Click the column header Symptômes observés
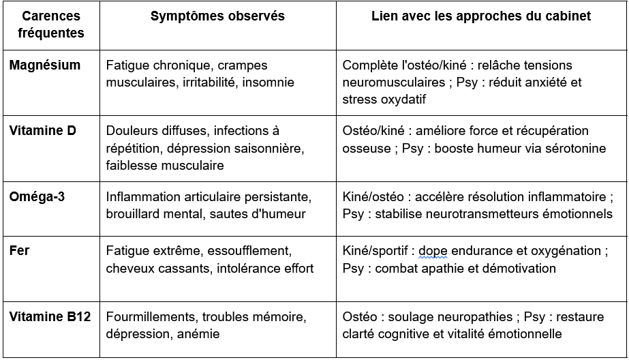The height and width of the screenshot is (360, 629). [x=218, y=16]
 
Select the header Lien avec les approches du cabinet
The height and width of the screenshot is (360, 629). [x=481, y=16]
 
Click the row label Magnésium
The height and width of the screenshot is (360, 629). [x=45, y=65]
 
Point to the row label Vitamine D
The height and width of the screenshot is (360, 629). [x=43, y=131]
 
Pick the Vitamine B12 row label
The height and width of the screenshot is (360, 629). [x=50, y=317]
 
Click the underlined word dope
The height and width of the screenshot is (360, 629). [x=434, y=252]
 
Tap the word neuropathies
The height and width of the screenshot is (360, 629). [x=471, y=317]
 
